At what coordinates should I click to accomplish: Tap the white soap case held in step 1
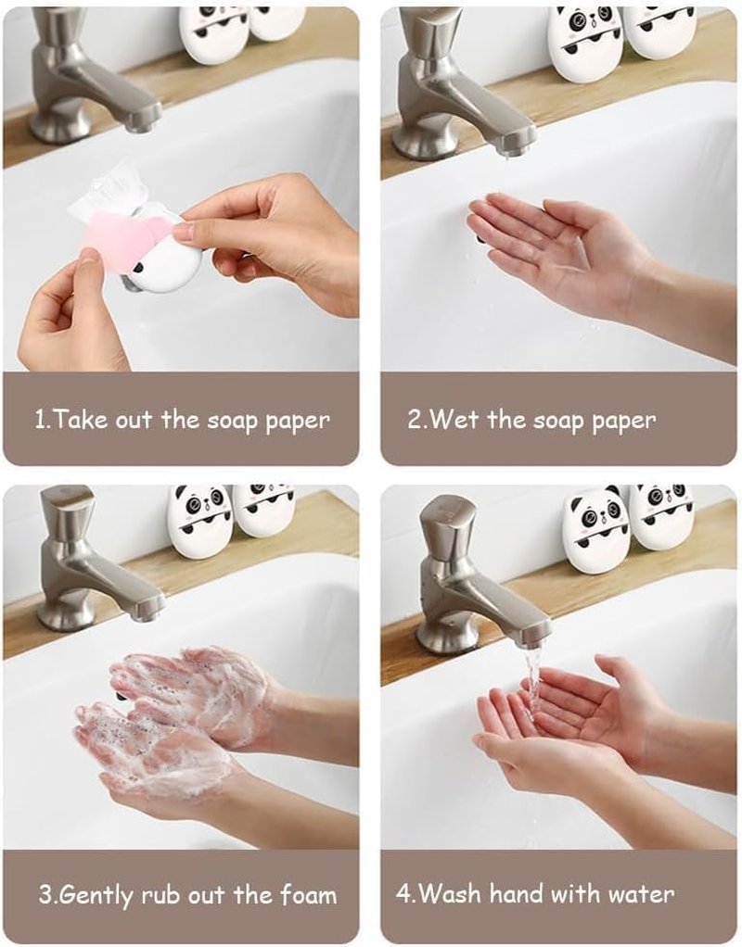pos(167,264)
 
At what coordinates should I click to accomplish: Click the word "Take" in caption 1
pos(78,420)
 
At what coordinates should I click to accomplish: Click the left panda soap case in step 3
pos(199,521)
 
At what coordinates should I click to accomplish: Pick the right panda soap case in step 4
pos(662,515)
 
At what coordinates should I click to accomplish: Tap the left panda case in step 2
pos(583,43)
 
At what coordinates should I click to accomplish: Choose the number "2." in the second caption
pos(416,420)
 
